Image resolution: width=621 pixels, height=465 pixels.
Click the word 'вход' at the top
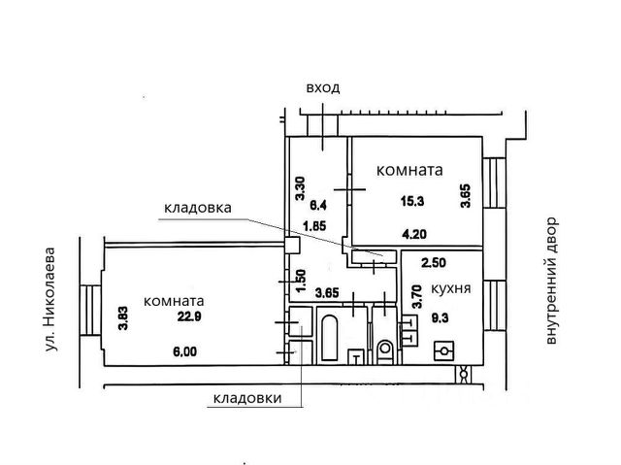click(322, 88)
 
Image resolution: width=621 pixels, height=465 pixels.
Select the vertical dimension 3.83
click(123, 318)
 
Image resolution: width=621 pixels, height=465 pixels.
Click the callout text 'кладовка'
click(197, 207)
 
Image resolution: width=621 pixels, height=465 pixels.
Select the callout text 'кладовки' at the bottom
click(249, 398)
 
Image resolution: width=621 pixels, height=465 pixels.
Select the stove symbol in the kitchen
click(446, 349)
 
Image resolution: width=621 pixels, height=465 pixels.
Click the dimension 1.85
click(313, 226)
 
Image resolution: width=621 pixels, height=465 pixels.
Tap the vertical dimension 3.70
click(416, 295)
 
